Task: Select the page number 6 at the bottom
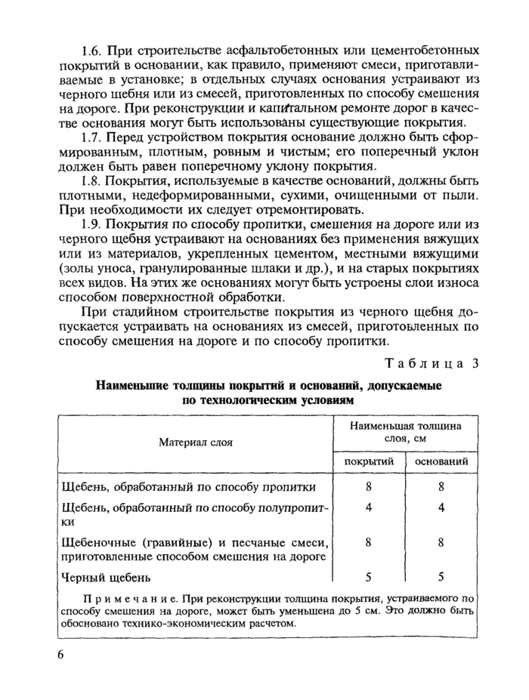61,654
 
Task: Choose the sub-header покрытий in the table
368,461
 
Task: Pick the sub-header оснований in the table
441,461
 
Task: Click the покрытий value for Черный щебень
368,577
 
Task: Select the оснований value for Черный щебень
441,577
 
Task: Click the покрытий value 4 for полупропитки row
368,507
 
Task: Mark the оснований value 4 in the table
441,507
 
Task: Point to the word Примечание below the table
113,598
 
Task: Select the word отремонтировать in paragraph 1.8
301,209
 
